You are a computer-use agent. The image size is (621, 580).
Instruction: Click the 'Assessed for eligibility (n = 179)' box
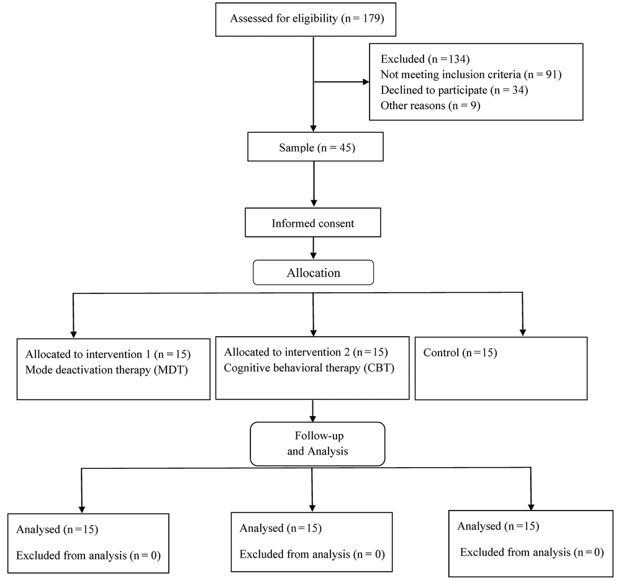pyautogui.click(x=306, y=19)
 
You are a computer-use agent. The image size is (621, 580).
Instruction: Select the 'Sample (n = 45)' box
pyautogui.click(x=315, y=147)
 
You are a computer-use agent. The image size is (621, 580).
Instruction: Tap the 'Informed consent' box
pyautogui.click(x=313, y=222)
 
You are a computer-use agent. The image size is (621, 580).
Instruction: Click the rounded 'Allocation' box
pyautogui.click(x=313, y=272)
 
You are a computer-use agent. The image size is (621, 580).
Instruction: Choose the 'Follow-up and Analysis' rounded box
pyautogui.click(x=317, y=444)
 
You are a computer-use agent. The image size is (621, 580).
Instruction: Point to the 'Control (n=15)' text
pyautogui.click(x=460, y=352)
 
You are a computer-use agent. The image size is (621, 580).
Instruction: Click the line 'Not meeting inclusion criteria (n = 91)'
pyautogui.click(x=471, y=74)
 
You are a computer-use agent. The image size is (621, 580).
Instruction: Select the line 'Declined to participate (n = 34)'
pyautogui.click(x=455, y=90)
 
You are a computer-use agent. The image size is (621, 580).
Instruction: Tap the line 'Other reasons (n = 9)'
pyautogui.click(x=430, y=105)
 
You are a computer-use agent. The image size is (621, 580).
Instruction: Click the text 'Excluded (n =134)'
pyautogui.click(x=425, y=59)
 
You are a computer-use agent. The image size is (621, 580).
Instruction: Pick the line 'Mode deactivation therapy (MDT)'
pyautogui.click(x=107, y=370)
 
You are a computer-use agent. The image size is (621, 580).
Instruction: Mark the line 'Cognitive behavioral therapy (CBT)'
pyautogui.click(x=309, y=368)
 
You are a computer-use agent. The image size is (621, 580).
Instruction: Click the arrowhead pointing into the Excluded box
pyautogui.click(x=366, y=82)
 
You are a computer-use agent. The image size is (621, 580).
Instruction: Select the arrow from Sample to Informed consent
pyautogui.click(x=314, y=184)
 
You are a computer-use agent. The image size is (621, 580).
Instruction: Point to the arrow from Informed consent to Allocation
pyautogui.click(x=313, y=248)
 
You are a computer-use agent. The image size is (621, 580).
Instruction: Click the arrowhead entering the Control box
pyautogui.click(x=523, y=332)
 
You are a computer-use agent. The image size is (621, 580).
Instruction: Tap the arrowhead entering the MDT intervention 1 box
pyautogui.click(x=73, y=334)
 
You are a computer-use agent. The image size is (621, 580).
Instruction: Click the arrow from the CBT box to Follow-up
pyautogui.click(x=313, y=411)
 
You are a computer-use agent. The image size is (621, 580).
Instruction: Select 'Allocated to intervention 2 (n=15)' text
pyautogui.click(x=306, y=352)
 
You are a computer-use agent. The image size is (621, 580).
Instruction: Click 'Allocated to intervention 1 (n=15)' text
pyautogui.click(x=107, y=354)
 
